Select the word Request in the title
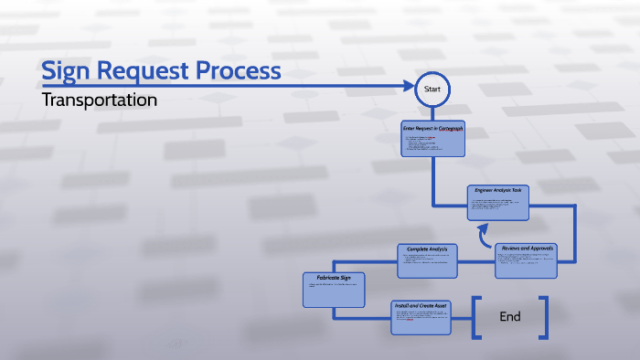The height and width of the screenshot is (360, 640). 151,71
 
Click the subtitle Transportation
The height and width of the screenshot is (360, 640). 100,100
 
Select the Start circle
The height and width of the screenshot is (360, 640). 432,89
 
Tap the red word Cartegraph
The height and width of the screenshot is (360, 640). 451,129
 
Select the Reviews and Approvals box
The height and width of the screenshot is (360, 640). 526,260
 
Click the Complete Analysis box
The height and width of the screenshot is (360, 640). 426,260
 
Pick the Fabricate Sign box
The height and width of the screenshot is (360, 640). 334,289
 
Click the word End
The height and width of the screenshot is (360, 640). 509,317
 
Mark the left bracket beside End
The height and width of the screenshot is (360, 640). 476,317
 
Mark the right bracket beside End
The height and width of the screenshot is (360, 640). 543,317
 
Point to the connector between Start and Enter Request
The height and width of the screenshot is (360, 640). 432,112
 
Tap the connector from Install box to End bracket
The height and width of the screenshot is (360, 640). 463,317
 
